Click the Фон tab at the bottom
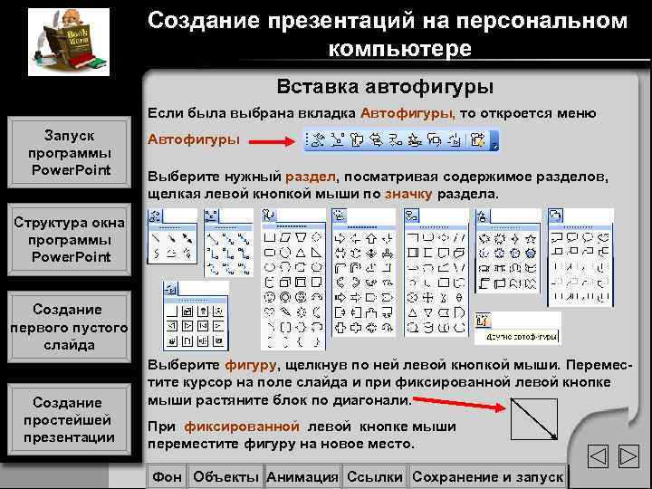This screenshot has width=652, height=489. pyautogui.click(x=168, y=476)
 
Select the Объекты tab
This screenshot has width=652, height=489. pyautogui.click(x=226, y=476)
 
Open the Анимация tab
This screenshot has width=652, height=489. pyautogui.click(x=303, y=476)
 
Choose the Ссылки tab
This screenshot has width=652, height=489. pyautogui.click(x=375, y=476)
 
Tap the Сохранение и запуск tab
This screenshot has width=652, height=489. pyautogui.click(x=487, y=476)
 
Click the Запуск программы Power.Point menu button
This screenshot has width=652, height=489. pyautogui.click(x=70, y=153)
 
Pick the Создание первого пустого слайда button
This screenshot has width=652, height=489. pyautogui.click(x=70, y=327)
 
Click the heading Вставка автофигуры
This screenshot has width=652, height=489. pyautogui.click(x=385, y=88)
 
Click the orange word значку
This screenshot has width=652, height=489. pyautogui.click(x=408, y=194)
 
